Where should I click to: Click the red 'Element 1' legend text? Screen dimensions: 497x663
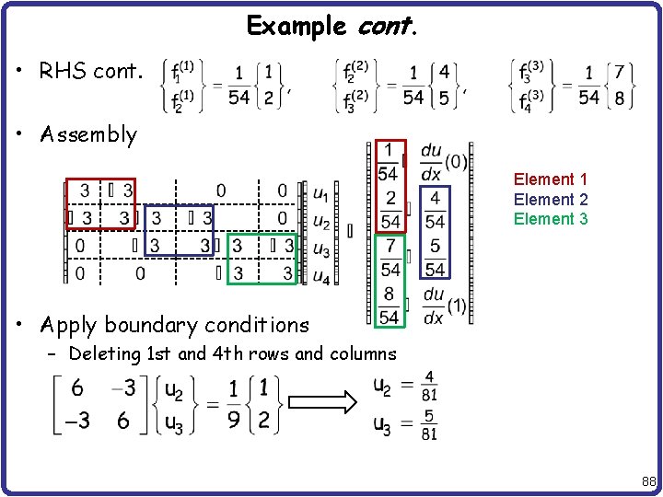(551, 179)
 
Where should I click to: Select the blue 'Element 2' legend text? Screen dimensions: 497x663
(551, 200)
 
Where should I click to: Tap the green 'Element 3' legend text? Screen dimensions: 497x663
(551, 219)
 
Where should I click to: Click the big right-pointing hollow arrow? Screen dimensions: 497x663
(322, 403)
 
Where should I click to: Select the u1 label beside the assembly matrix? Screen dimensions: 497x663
(321, 193)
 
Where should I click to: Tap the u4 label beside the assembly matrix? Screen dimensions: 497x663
(321, 275)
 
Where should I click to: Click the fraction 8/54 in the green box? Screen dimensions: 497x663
(390, 305)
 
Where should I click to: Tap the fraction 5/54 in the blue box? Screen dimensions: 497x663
(435, 258)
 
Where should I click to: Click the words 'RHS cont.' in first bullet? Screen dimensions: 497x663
(91, 71)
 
